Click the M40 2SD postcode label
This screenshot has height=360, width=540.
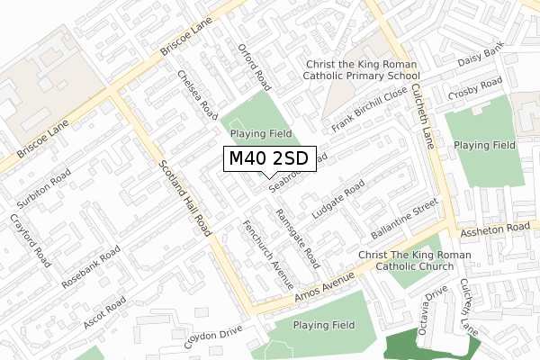[x=269, y=159]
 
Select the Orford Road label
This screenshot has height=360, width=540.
[x=254, y=66]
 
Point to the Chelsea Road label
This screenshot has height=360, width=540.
[x=198, y=96]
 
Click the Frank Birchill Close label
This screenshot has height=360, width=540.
[x=370, y=111]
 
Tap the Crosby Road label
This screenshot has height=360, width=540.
[x=477, y=90]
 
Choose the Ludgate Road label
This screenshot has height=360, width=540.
[x=337, y=202]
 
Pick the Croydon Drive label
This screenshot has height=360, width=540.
[x=214, y=337]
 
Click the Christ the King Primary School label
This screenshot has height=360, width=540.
[x=375, y=71]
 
